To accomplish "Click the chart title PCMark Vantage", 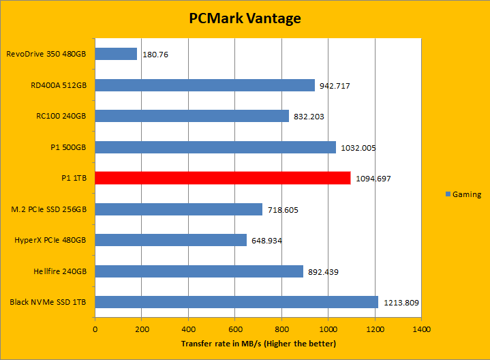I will click(245, 18).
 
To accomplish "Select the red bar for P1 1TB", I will click(223, 178).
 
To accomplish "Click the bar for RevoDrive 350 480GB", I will click(116, 54).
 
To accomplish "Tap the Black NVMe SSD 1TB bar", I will click(236, 302).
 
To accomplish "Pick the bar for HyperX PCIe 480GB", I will click(171, 240).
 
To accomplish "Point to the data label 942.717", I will click(336, 86).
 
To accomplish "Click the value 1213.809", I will click(401, 303).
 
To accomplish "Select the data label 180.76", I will click(156, 55).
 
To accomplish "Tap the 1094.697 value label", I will click(373, 179).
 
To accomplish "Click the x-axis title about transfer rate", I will click(258, 343).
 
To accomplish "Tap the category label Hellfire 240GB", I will click(59, 271).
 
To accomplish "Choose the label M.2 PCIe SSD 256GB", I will click(50, 209).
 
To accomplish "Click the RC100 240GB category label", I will click(61, 116).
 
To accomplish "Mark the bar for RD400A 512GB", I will click(205, 85).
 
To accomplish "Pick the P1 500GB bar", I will click(215, 147).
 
